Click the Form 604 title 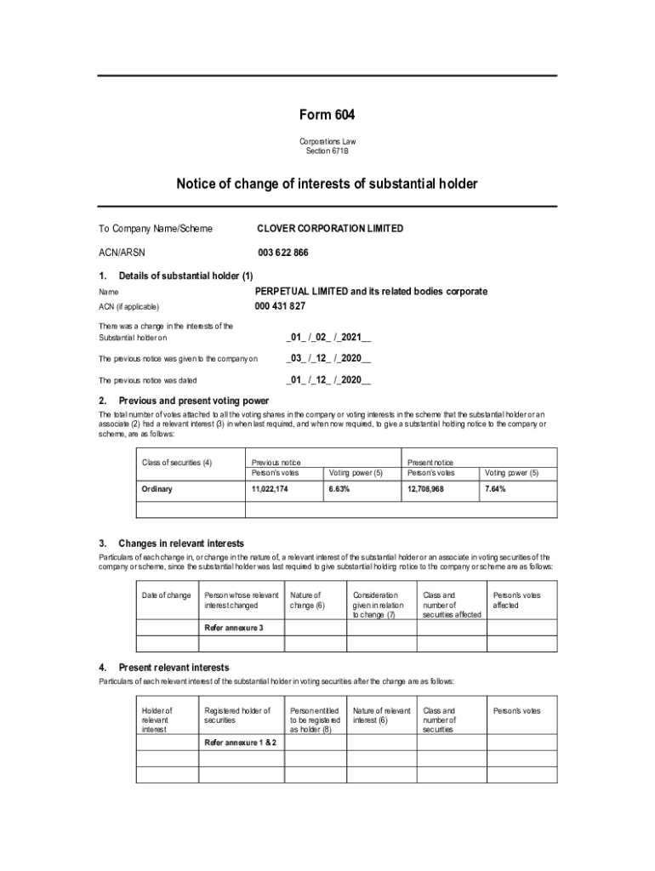pos(327,115)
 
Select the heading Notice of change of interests pos(327,184)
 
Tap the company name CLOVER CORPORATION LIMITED pos(330,229)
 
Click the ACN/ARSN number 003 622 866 pos(283,253)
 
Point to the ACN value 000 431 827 pos(280,306)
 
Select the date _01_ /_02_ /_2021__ pos(328,338)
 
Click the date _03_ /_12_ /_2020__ pos(328,359)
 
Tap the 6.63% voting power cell pos(339,489)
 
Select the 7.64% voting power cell pos(495,489)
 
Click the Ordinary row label pos(157,489)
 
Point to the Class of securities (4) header pos(177,463)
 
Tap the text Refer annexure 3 pos(233,628)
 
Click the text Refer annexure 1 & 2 pos(239,743)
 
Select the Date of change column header pos(166,595)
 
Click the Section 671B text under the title pos(327,151)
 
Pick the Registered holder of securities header pos(237,715)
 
